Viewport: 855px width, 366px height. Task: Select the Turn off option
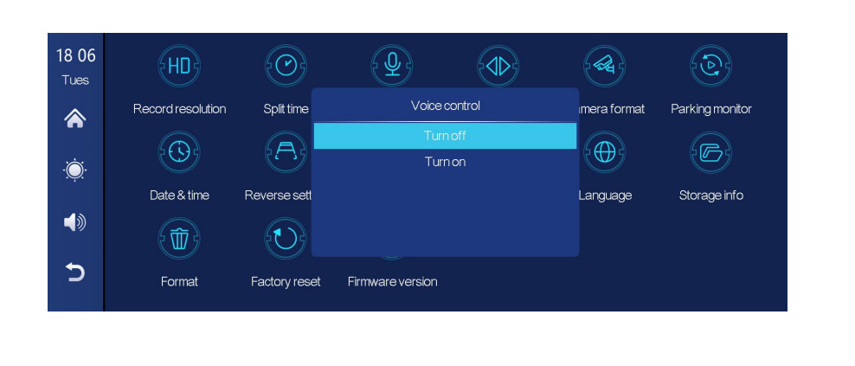click(445, 136)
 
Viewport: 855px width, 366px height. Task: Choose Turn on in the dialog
click(445, 162)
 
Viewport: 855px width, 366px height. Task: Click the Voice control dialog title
click(445, 106)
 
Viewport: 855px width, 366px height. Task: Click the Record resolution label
click(179, 109)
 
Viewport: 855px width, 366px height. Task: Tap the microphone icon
click(392, 65)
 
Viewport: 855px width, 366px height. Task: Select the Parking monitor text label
click(710, 109)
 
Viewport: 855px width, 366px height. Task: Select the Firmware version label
click(392, 281)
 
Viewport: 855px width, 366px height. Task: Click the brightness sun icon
click(75, 170)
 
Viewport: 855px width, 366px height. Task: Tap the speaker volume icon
click(75, 222)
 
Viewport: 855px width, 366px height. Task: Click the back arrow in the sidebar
click(75, 273)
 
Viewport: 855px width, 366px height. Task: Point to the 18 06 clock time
click(75, 56)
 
